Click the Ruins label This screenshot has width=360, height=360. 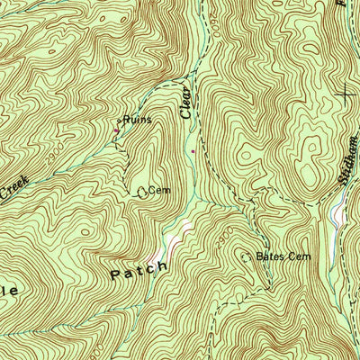pyautogui.click(x=137, y=119)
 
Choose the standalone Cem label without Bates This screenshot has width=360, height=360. pyautogui.click(x=159, y=191)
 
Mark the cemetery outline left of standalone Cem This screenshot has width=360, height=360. pyautogui.click(x=142, y=191)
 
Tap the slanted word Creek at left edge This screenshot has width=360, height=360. pyautogui.click(x=14, y=189)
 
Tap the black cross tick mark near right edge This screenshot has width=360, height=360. pyautogui.click(x=346, y=94)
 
